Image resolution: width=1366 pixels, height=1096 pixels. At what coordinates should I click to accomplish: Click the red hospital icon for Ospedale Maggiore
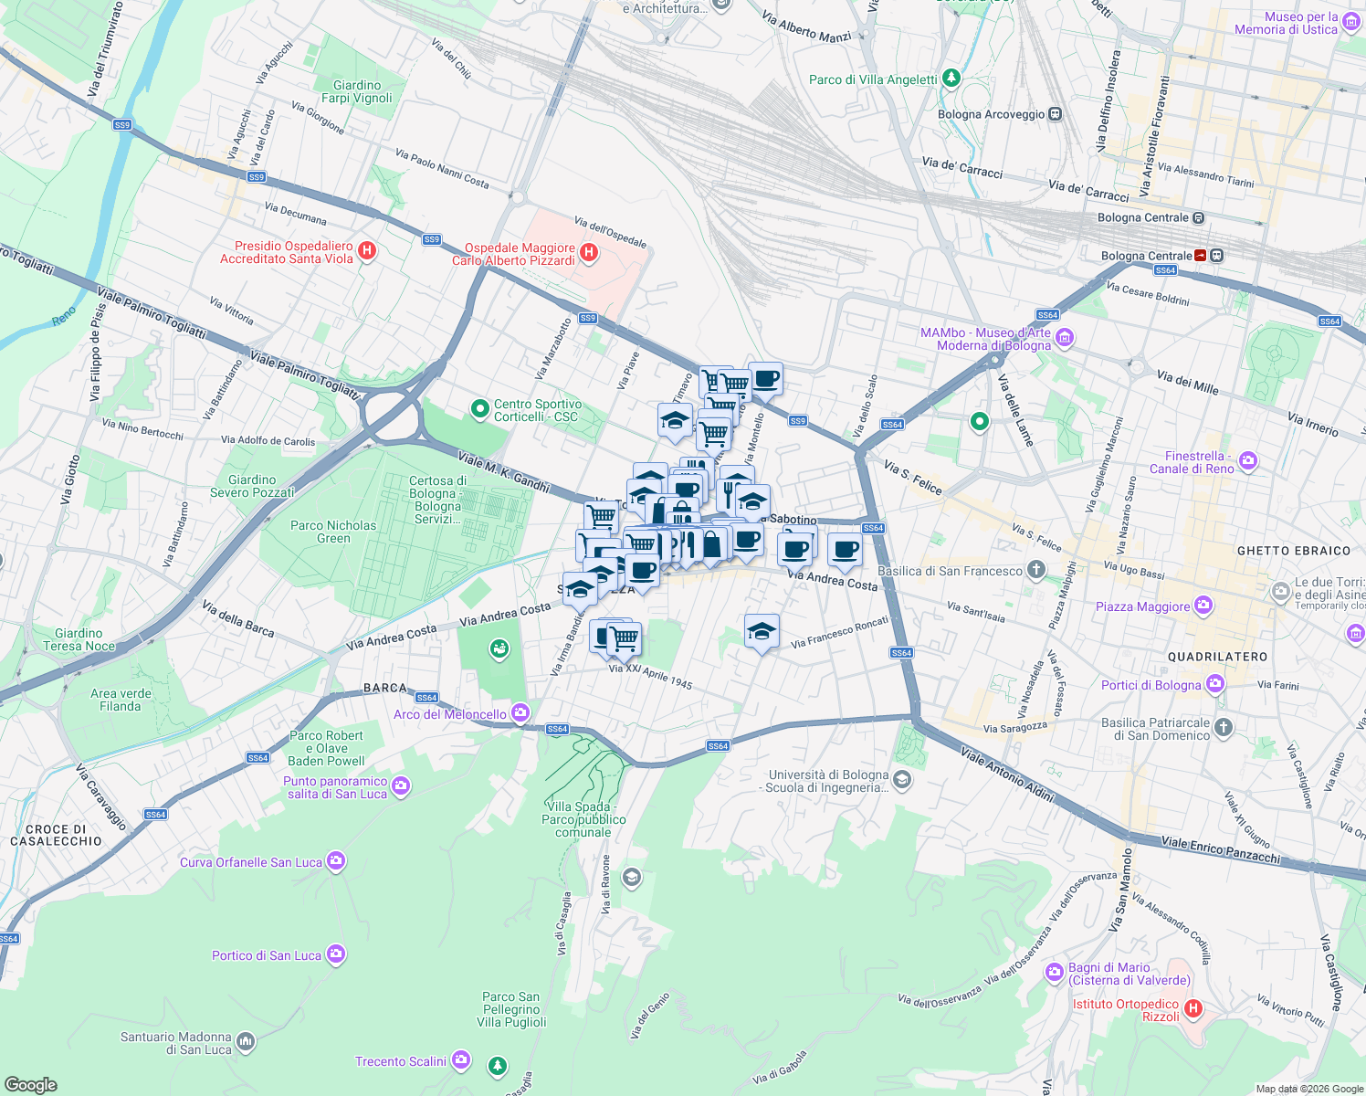click(x=589, y=254)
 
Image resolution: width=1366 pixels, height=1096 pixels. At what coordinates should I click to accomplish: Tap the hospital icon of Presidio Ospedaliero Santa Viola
click(x=367, y=251)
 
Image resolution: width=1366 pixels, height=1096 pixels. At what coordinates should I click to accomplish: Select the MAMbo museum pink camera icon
click(x=1065, y=339)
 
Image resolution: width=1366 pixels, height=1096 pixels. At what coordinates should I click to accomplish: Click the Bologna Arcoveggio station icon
click(x=1056, y=114)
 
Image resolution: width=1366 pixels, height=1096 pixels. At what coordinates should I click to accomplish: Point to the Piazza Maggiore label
click(x=1142, y=606)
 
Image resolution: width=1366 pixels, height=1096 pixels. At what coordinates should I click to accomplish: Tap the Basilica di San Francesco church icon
click(x=1035, y=571)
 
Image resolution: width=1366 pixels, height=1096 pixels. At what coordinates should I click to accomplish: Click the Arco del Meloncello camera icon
click(x=520, y=712)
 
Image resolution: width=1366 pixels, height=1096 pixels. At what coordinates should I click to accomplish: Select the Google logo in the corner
click(x=30, y=1085)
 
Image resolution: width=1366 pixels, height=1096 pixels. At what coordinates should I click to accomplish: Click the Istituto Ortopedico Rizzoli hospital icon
click(x=1193, y=1009)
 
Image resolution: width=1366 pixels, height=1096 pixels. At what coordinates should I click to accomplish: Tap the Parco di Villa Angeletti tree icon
click(x=951, y=79)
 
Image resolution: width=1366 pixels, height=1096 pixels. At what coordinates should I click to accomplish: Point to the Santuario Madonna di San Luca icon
click(x=245, y=1041)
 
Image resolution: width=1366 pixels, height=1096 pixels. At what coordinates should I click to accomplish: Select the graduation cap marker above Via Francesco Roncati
click(x=762, y=631)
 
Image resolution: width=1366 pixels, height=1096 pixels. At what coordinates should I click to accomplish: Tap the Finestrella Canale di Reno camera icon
click(x=1248, y=461)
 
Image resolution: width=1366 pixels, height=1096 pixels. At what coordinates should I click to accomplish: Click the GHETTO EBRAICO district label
click(x=1293, y=551)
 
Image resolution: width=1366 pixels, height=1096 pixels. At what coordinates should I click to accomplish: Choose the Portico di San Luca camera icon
click(x=336, y=954)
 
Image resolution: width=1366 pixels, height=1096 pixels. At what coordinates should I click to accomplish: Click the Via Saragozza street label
click(x=1014, y=728)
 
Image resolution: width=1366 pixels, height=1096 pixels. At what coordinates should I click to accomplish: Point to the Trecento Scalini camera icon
click(x=461, y=1060)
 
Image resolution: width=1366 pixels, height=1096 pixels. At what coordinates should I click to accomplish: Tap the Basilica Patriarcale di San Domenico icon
click(x=1224, y=728)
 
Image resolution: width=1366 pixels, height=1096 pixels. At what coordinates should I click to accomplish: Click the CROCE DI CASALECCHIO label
click(x=57, y=835)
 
